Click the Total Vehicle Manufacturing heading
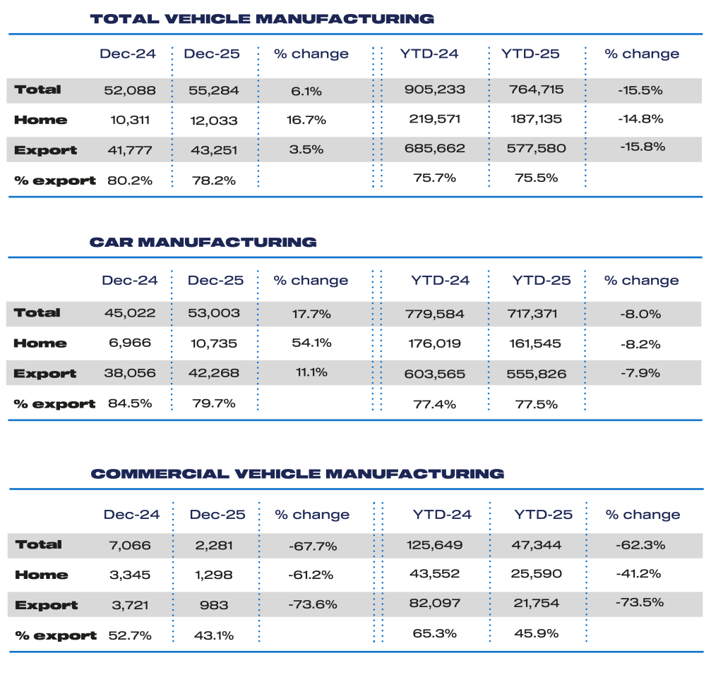[x=262, y=19]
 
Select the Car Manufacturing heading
[x=203, y=243]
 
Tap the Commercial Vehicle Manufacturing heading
[x=297, y=474]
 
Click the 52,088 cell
[x=129, y=90]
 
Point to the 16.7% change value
[x=307, y=120]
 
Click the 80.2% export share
[x=130, y=180]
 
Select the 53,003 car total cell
[x=215, y=313]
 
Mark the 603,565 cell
[x=436, y=374]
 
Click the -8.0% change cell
[x=641, y=313]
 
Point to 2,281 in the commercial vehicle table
[x=215, y=545]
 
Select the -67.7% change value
[x=312, y=546]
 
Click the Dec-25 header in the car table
[x=215, y=281]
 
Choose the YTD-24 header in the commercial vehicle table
[x=442, y=515]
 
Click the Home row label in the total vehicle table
[x=40, y=120]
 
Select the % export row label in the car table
[x=54, y=404]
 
